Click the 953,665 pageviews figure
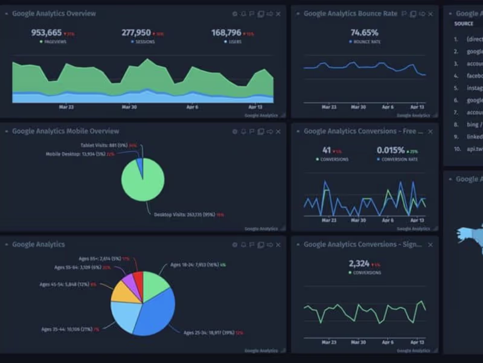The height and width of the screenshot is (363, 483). pyautogui.click(x=46, y=33)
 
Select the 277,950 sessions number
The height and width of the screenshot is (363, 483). pyautogui.click(x=136, y=33)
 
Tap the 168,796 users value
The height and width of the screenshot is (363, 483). pyautogui.click(x=226, y=33)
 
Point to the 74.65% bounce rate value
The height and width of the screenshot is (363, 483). pyautogui.click(x=364, y=33)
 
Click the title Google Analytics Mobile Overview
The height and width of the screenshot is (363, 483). pyautogui.click(x=65, y=131)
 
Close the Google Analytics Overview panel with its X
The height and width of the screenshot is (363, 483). pyautogui.click(x=278, y=14)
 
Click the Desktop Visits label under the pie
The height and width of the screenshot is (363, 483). pyautogui.click(x=181, y=214)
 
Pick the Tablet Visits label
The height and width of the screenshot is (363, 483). pyautogui.click(x=104, y=145)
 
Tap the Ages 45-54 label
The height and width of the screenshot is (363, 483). pyautogui.click(x=64, y=284)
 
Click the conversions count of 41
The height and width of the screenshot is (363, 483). pyautogui.click(x=326, y=150)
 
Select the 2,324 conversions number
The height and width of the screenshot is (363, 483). pyautogui.click(x=360, y=263)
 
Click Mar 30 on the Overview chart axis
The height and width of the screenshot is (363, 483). pyautogui.click(x=129, y=107)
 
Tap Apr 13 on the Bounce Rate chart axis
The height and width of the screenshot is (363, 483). pyautogui.click(x=417, y=107)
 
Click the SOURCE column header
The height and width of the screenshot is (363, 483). pyautogui.click(x=464, y=24)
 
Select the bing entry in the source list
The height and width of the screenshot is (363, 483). pyautogui.click(x=473, y=124)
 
